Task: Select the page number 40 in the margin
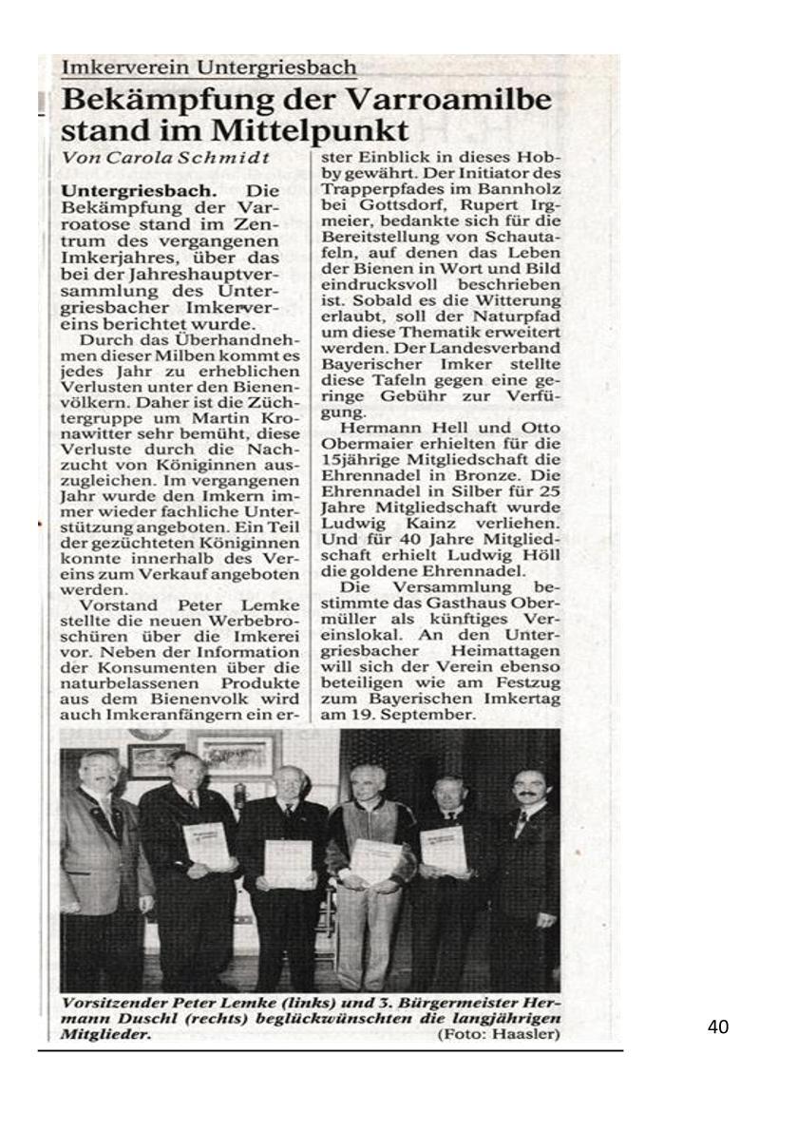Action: [718, 1027]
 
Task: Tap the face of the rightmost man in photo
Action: [526, 785]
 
